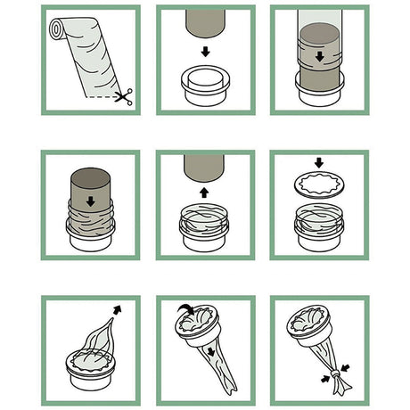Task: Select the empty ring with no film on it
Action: coord(205,85)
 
